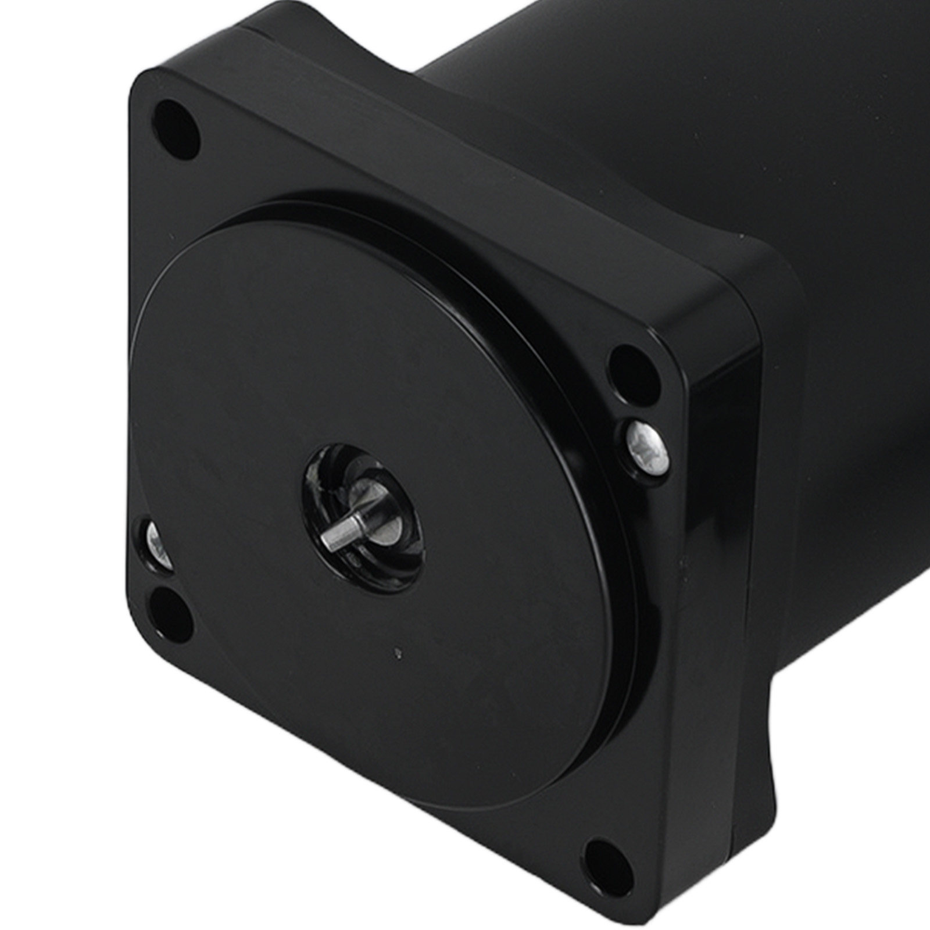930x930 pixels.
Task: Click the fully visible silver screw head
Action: click(645, 445)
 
